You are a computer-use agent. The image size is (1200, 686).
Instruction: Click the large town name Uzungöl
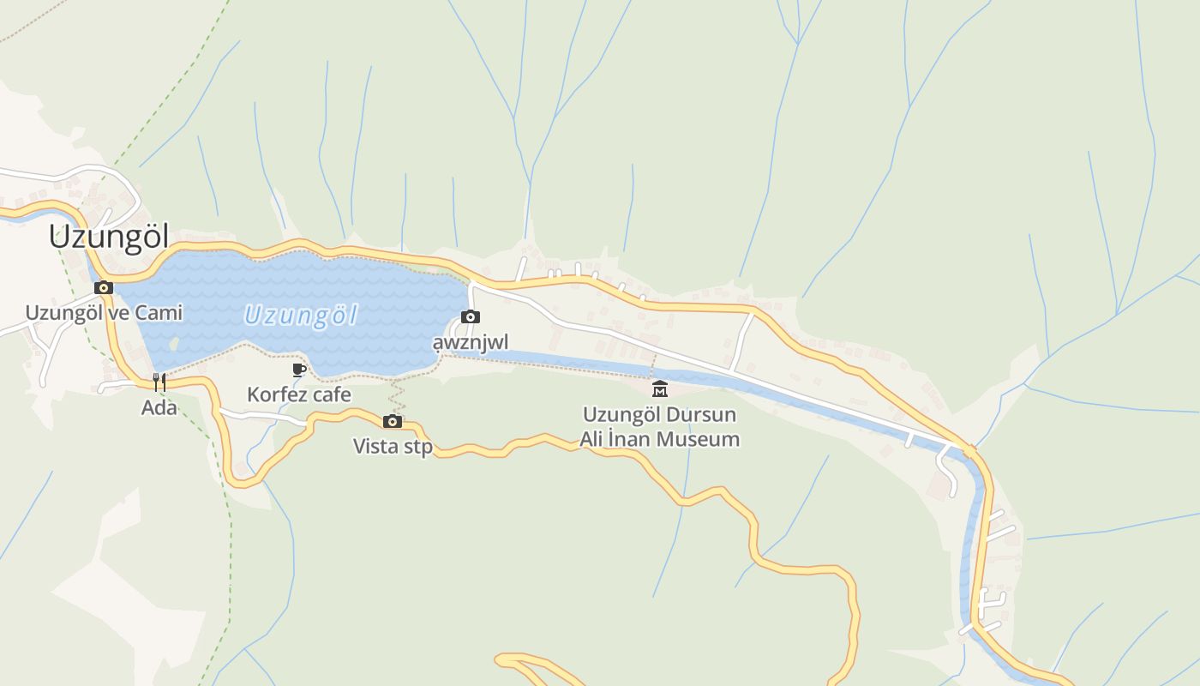pos(109,237)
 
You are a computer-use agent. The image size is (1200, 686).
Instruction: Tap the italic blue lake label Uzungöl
pos(300,316)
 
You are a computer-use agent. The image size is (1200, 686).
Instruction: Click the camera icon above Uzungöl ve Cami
pos(104,287)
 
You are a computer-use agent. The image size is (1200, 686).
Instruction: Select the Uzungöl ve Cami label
pos(104,313)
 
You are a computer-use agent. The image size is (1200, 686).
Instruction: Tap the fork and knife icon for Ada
pos(159,382)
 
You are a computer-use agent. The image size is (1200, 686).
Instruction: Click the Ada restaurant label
pos(159,408)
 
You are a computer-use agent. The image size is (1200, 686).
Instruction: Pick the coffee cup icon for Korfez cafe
pos(298,370)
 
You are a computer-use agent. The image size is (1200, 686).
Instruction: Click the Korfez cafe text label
pos(299,395)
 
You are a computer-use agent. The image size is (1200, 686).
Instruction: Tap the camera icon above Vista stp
pos(393,421)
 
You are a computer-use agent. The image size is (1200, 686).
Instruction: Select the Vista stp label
pos(393,447)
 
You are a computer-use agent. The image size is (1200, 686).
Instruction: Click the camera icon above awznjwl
pos(470,317)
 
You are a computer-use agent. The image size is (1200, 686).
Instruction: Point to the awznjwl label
pos(470,343)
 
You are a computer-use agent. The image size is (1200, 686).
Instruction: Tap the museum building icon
pos(660,388)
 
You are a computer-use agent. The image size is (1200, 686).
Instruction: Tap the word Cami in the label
pos(160,313)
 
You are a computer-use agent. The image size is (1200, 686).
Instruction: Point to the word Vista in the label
pos(372,447)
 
